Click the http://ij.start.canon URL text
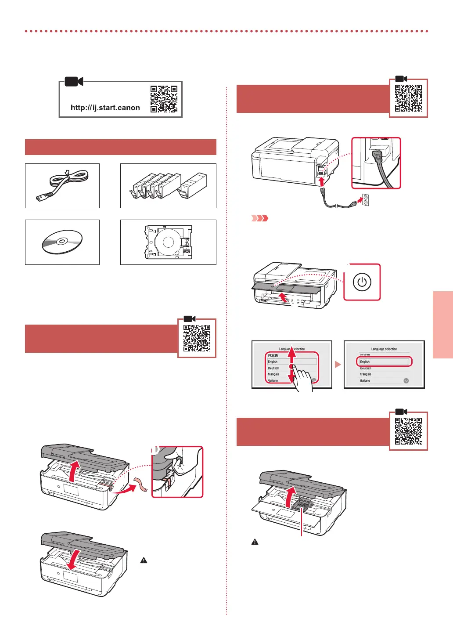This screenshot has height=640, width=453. coord(105,108)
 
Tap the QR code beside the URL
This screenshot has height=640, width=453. coord(164,99)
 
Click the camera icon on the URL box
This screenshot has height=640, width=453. coord(74,82)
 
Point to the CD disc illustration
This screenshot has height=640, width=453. coord(62,242)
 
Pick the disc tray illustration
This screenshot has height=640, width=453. coord(168,242)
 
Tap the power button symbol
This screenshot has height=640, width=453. coord(362,282)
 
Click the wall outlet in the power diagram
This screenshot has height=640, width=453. coord(365,200)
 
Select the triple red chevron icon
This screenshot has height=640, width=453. coord(259,218)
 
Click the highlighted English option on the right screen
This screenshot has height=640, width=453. coord(384,362)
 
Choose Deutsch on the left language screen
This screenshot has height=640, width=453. coord(274,368)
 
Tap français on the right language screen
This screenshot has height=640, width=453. coord(366,374)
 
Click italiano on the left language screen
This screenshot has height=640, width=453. coord(273,380)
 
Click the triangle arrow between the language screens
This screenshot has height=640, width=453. coord(338,365)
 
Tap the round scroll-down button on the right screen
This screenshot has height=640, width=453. coord(406,381)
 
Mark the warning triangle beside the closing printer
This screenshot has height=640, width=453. coord(144,560)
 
